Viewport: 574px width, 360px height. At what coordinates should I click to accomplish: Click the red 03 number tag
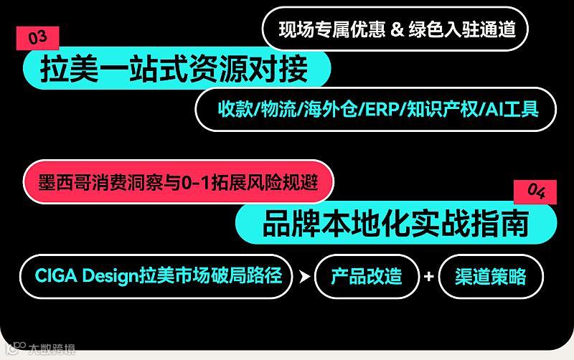click(37, 38)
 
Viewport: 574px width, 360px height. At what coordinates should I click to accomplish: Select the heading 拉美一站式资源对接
click(175, 70)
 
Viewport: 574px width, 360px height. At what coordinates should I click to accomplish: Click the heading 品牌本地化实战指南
click(395, 223)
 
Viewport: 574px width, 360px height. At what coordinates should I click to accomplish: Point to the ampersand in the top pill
click(397, 29)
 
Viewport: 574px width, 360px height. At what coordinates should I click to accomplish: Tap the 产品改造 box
click(367, 276)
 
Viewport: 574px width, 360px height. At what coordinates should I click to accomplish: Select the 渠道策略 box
click(491, 276)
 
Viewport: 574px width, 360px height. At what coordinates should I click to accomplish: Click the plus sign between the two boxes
click(429, 276)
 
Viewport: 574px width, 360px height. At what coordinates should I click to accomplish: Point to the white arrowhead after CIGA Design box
click(304, 276)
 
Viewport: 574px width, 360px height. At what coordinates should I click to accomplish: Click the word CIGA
click(57, 275)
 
